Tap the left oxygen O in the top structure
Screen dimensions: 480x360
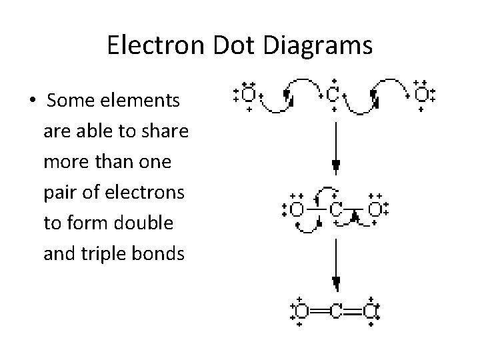click(x=248, y=95)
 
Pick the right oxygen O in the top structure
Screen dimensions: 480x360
click(x=421, y=95)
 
